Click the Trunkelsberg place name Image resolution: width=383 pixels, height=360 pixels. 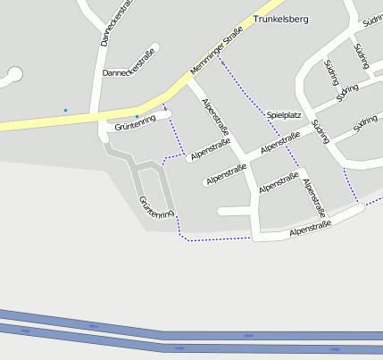pyautogui.click(x=281, y=18)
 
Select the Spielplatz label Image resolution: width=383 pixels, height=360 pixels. pyautogui.click(x=285, y=115)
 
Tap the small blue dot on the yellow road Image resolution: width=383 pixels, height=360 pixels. pyautogui.click(x=137, y=116)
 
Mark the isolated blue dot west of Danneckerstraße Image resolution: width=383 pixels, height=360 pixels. pyautogui.click(x=65, y=110)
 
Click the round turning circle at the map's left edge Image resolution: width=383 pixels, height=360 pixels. pyautogui.click(x=11, y=77)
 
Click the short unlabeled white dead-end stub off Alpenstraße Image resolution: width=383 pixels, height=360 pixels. pyautogui.click(x=234, y=212)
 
